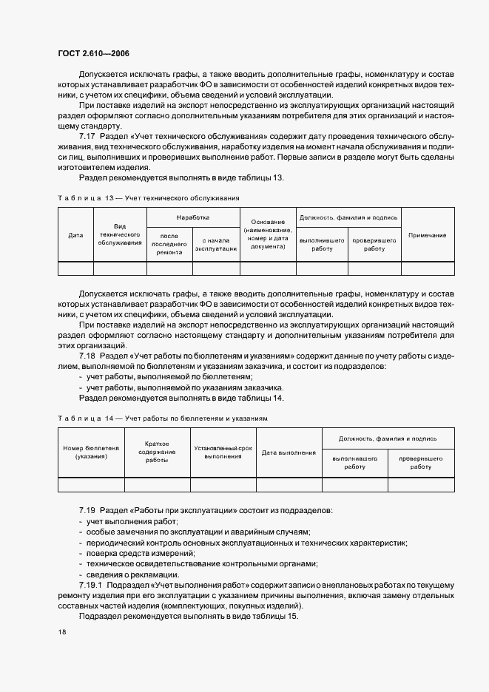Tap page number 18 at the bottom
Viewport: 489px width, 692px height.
[x=62, y=632]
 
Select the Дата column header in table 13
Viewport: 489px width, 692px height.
[x=75, y=235]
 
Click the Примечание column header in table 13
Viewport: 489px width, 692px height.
[x=427, y=235]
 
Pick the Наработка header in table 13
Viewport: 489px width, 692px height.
[x=193, y=218]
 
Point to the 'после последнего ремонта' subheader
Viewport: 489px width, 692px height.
[x=169, y=243]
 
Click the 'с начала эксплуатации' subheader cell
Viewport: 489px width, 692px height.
[x=216, y=245]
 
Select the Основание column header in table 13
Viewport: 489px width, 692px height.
[x=268, y=234]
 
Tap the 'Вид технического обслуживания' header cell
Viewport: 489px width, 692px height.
[x=120, y=234]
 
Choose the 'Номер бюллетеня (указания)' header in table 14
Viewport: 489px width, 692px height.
[x=91, y=452]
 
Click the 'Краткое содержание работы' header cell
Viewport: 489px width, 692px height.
[x=157, y=452]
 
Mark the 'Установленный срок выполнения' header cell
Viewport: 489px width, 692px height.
[x=223, y=452]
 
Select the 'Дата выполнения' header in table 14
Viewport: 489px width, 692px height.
[x=289, y=452]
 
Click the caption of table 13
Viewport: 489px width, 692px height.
[x=148, y=197]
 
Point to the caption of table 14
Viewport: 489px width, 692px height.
[x=162, y=418]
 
